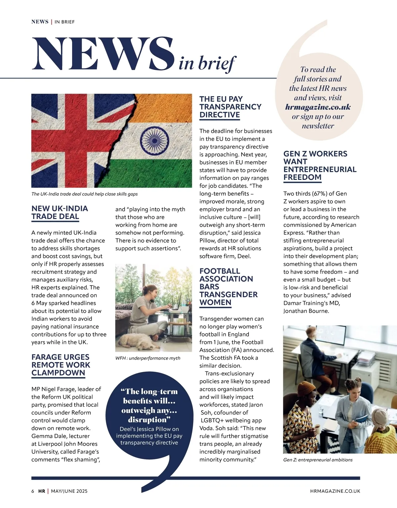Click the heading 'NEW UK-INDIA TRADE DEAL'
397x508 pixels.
(x=60, y=212)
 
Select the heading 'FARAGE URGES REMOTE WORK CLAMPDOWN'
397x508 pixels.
(x=61, y=365)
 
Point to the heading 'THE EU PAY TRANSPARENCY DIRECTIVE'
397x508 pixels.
(x=230, y=107)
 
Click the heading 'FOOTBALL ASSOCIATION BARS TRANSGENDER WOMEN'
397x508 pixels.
(x=228, y=287)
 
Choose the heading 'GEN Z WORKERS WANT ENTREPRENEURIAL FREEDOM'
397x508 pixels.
(x=320, y=165)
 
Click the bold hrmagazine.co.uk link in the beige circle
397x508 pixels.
(x=318, y=107)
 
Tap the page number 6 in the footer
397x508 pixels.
(x=33, y=491)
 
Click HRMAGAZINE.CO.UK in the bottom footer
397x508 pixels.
(x=335, y=491)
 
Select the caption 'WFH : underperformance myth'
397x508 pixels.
(x=148, y=358)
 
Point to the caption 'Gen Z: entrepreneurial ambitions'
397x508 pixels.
(x=318, y=460)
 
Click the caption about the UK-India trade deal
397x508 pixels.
(x=84, y=194)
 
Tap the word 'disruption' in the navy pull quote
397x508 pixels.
(x=148, y=420)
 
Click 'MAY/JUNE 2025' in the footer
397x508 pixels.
(x=69, y=491)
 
